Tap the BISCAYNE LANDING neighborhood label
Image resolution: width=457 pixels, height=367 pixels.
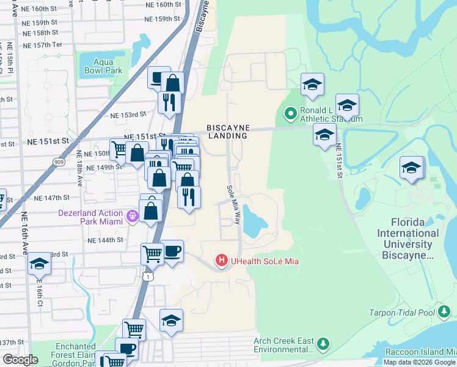pyautogui.click(x=228, y=132)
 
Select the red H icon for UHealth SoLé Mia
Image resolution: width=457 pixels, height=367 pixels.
pyautogui.click(x=222, y=261)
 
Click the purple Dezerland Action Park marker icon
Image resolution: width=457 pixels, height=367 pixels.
pyautogui.click(x=132, y=217)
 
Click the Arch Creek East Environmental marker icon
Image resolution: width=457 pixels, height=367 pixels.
pyautogui.click(x=324, y=345)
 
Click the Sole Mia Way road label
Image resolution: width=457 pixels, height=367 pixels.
pyautogui.click(x=233, y=205)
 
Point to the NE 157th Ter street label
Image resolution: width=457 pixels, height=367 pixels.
pyautogui.click(x=42, y=46)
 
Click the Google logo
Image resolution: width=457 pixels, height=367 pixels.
pyautogui.click(x=20, y=360)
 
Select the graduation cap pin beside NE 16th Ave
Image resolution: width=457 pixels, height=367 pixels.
pyautogui.click(x=39, y=263)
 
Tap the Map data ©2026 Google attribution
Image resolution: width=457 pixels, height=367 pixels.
pyautogui.click(x=420, y=362)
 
